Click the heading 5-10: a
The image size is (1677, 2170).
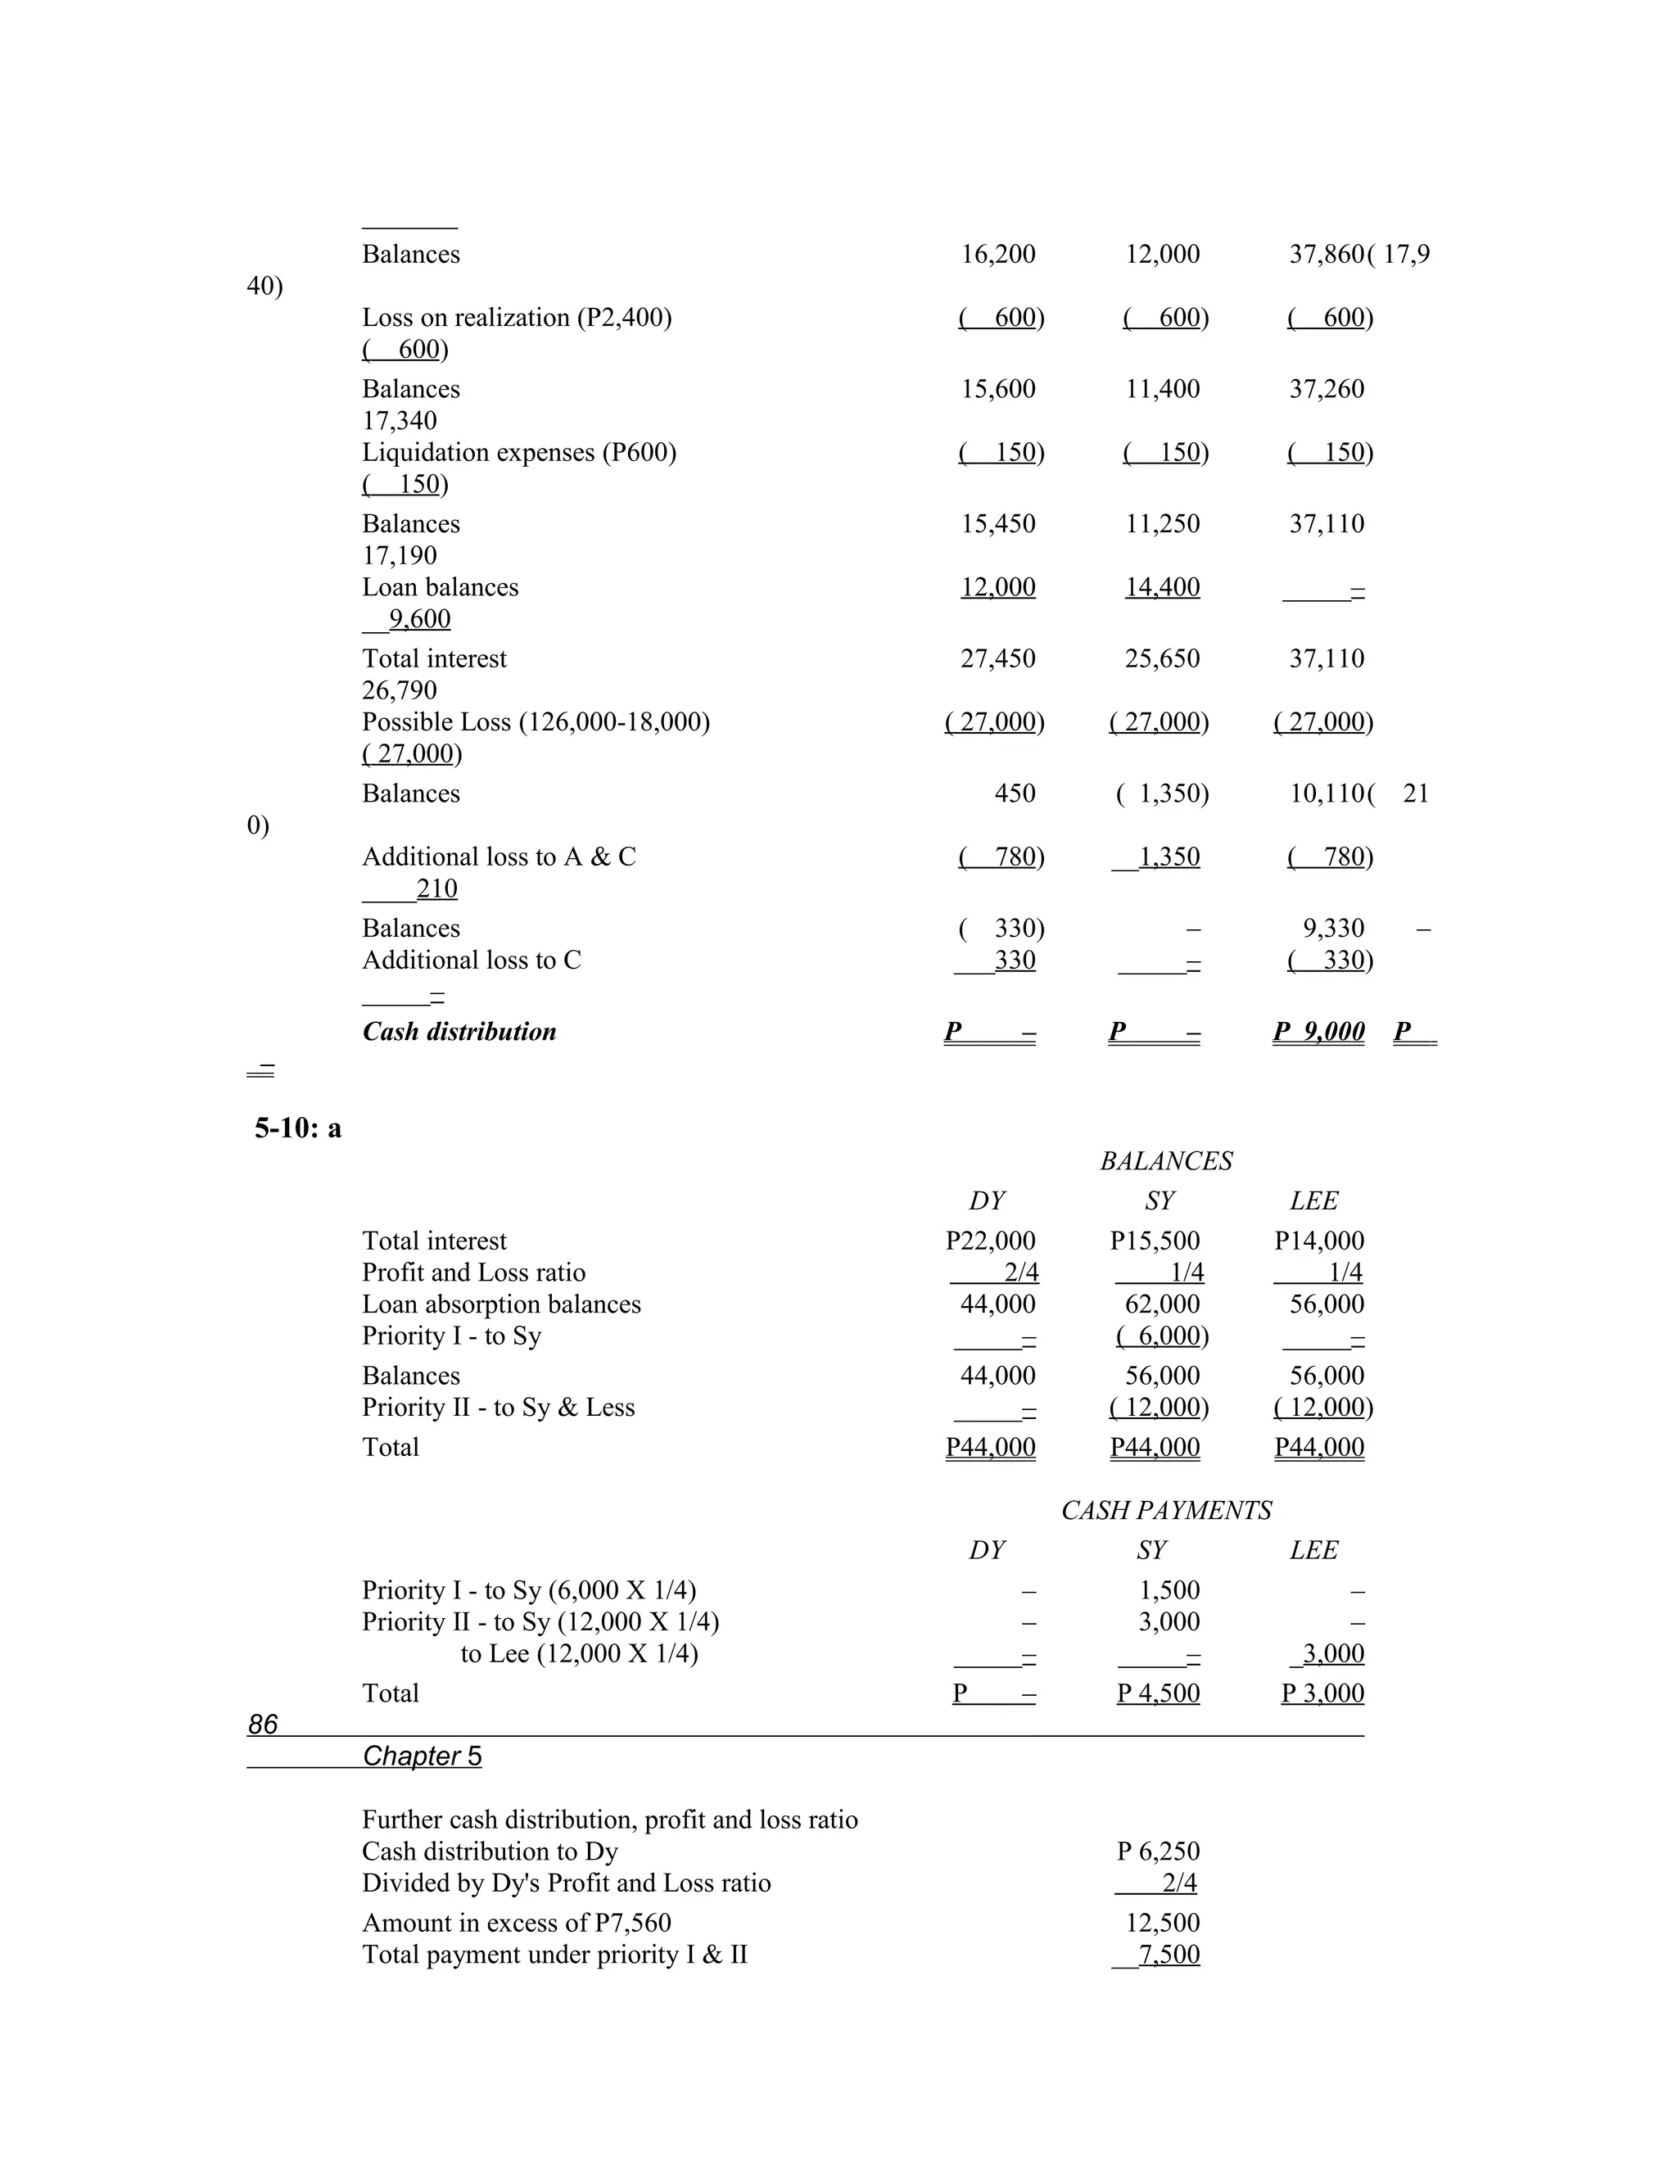[297, 1128]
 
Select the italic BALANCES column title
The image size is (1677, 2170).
[1165, 1160]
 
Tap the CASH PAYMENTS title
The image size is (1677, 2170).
[1165, 1510]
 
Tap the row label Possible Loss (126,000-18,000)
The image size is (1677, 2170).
[536, 721]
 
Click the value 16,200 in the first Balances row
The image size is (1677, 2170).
[997, 255]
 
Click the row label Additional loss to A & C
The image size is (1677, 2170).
[499, 857]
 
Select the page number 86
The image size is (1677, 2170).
[262, 1724]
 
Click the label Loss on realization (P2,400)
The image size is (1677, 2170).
[517, 317]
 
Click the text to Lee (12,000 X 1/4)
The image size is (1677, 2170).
[579, 1653]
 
